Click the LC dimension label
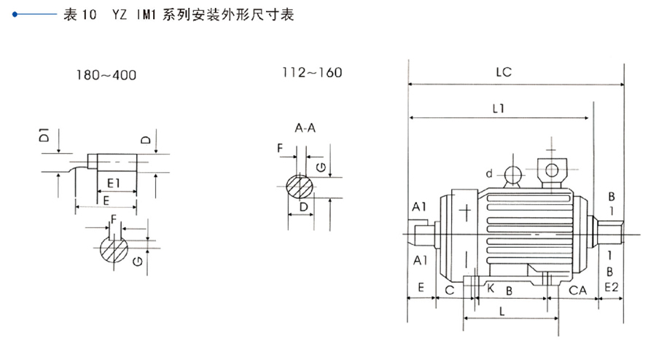503,72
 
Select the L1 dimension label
499,108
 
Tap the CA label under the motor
578,290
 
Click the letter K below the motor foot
490,289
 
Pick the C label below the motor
449,290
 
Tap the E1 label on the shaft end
114,181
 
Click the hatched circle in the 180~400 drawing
114,250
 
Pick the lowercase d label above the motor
490,173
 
